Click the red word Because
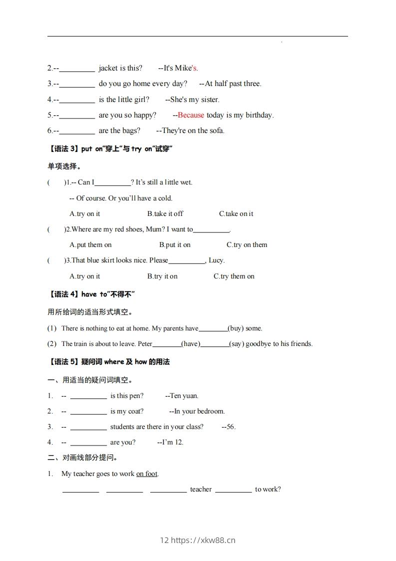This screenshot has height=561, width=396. coord(191,115)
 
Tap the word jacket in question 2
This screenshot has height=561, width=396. coord(108,68)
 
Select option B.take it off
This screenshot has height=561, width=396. coord(165,213)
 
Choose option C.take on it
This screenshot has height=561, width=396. coord(236,213)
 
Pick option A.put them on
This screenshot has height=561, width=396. coord(90,244)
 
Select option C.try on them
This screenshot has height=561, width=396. coord(247,244)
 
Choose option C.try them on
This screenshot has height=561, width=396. coord(234,276)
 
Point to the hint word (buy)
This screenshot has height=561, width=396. coord(236,328)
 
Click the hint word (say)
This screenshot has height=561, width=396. coord(237,343)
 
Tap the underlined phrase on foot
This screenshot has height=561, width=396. coord(147,473)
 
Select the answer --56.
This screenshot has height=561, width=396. coord(229,426)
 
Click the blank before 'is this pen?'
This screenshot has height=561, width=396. coord(88,396)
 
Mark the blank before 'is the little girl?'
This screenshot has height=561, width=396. coord(77,100)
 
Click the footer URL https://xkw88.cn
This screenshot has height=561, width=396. coord(203,540)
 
